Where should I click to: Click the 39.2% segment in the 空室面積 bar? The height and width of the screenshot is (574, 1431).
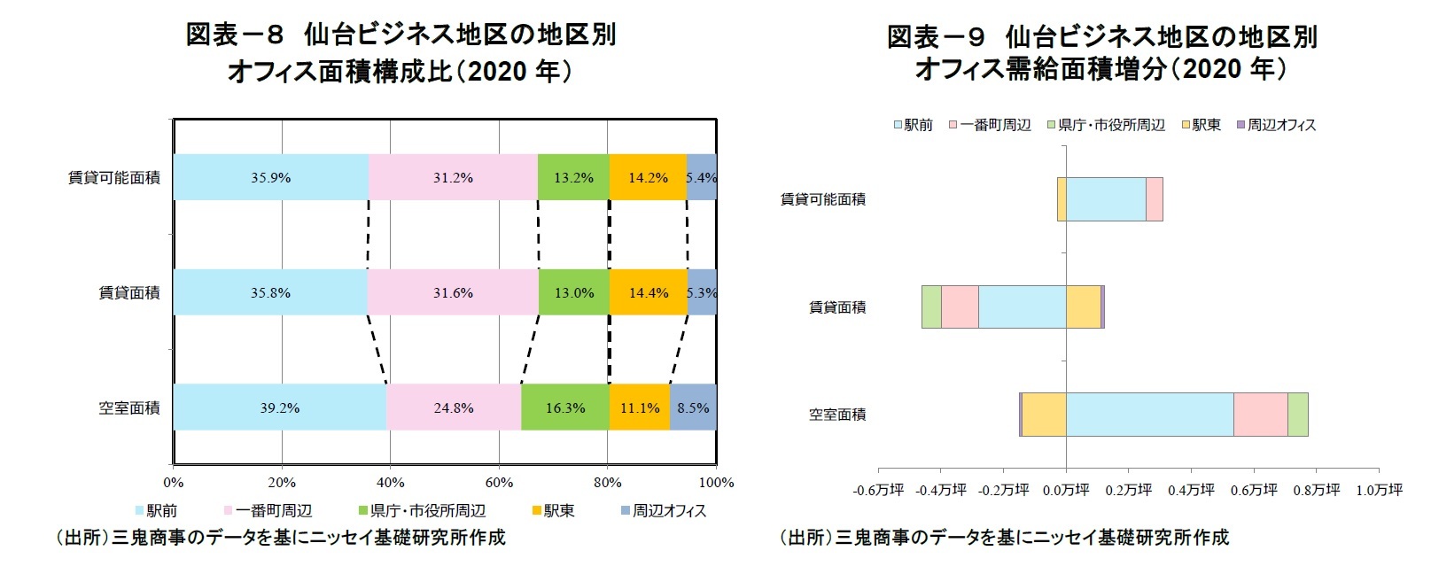pyautogui.click(x=280, y=407)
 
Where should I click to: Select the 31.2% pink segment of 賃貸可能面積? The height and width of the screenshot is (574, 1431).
pyautogui.click(x=453, y=177)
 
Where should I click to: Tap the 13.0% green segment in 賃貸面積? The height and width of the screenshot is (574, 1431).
pyautogui.click(x=573, y=292)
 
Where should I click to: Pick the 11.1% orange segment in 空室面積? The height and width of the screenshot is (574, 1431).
pyautogui.click(x=639, y=407)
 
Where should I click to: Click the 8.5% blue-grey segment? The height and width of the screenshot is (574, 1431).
pyautogui.click(x=693, y=407)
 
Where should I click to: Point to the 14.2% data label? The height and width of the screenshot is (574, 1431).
pyautogui.click(x=648, y=177)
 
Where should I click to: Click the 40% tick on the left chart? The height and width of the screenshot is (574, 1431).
pyautogui.click(x=390, y=483)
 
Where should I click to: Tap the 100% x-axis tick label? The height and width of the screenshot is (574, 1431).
pyautogui.click(x=716, y=483)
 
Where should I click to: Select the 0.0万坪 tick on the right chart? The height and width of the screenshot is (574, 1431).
pyautogui.click(x=1066, y=490)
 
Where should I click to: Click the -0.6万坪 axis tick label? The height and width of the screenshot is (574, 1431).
pyautogui.click(x=878, y=490)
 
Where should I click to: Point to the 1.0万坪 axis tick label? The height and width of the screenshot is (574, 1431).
pyautogui.click(x=1379, y=490)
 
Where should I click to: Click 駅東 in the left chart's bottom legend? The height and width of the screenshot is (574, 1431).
pyautogui.click(x=558, y=511)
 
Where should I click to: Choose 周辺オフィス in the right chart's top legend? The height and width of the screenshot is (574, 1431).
pyautogui.click(x=1281, y=125)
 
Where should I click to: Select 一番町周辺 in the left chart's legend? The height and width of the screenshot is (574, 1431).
pyautogui.click(x=274, y=511)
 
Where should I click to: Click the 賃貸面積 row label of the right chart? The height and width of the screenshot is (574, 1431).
pyautogui.click(x=836, y=307)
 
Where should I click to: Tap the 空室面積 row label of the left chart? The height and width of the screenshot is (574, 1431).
pyautogui.click(x=129, y=407)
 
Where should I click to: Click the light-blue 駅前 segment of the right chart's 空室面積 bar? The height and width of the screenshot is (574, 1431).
pyautogui.click(x=1149, y=415)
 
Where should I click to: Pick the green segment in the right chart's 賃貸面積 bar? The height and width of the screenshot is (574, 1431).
pyautogui.click(x=930, y=306)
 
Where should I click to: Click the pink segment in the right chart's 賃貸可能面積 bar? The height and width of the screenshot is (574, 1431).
pyautogui.click(x=1154, y=198)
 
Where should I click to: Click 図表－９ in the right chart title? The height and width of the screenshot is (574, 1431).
pyautogui.click(x=936, y=37)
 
